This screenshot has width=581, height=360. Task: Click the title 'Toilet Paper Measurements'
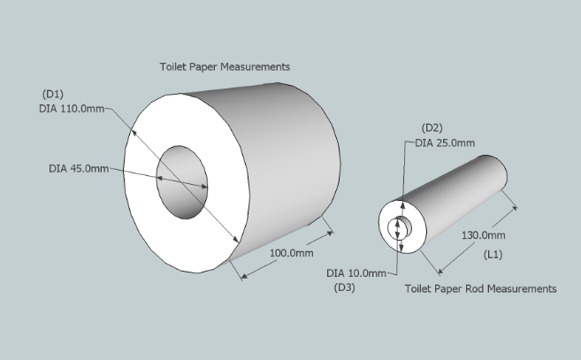point(225,66)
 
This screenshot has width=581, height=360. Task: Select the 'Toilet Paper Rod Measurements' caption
point(480,288)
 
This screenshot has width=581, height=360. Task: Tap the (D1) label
point(53,94)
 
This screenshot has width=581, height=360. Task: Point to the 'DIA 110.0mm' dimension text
point(72,109)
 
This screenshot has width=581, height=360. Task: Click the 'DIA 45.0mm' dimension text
point(79,169)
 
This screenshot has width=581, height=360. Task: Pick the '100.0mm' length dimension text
point(291,253)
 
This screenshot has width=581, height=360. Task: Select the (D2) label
point(432,128)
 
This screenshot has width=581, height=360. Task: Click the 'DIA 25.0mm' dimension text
point(445,143)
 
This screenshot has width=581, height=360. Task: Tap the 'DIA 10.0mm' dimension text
point(356,273)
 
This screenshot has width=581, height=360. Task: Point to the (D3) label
point(345,287)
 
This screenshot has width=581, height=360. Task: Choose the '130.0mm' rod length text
point(483,235)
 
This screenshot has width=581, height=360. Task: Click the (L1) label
point(493,255)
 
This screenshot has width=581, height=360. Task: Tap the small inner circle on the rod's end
point(400,227)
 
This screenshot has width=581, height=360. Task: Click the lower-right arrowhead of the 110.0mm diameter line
point(235,239)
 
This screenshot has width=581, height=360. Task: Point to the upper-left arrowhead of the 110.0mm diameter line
point(134,133)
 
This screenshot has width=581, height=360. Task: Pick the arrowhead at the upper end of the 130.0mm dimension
point(514,209)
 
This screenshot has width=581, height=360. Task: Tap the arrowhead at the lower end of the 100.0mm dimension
point(244,276)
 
